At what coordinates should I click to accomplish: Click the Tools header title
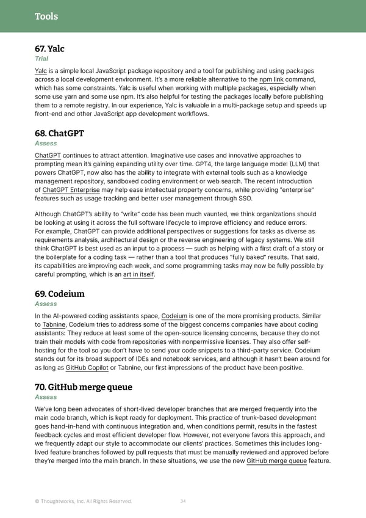46,16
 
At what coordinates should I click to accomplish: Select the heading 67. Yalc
49,49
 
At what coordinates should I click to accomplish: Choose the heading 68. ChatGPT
59,133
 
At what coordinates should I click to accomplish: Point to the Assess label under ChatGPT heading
46,144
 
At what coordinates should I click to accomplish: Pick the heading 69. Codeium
60,294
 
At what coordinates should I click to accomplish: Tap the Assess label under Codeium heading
46,304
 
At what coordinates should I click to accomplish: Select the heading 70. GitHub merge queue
84,387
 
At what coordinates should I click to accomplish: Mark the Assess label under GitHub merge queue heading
46,397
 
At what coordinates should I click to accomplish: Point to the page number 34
183,502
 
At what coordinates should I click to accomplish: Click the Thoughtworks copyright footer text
83,502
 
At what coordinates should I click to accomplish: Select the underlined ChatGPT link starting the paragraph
48,156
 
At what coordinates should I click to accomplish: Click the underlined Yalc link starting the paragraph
41,71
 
